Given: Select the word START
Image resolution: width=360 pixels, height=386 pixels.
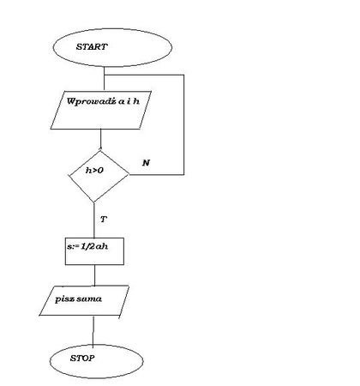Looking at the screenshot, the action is pyautogui.click(x=92, y=47).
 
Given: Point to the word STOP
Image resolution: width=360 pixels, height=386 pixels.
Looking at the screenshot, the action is pyautogui.click(x=82, y=358).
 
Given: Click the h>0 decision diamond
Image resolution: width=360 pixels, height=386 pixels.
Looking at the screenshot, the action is pyautogui.click(x=99, y=176).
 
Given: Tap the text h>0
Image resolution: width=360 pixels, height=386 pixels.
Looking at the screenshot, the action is pyautogui.click(x=94, y=171).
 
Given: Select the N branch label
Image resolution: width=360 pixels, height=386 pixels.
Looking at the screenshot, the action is pyautogui.click(x=146, y=163).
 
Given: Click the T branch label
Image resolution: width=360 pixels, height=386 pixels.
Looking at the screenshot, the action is pyautogui.click(x=104, y=220).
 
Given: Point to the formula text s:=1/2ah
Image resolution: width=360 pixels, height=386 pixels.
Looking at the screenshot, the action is pyautogui.click(x=87, y=246).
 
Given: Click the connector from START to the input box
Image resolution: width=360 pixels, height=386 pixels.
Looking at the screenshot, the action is pyautogui.click(x=104, y=79).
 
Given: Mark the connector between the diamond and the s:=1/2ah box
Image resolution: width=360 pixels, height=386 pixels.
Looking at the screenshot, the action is pyautogui.click(x=94, y=220).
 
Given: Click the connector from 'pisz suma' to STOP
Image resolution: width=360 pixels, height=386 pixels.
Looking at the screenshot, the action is pyautogui.click(x=93, y=330).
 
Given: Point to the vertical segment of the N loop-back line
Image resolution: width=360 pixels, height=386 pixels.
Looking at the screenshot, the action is pyautogui.click(x=183, y=124).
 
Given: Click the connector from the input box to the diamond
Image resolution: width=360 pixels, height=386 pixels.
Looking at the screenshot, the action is pyautogui.click(x=100, y=140).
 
